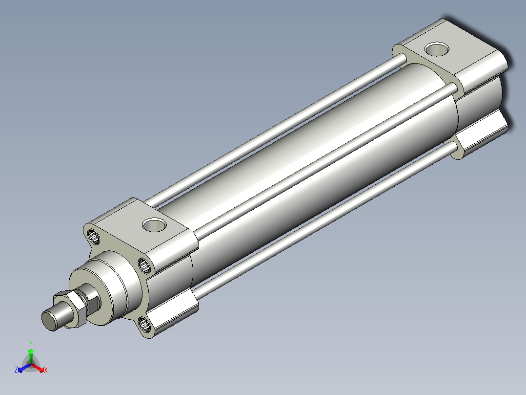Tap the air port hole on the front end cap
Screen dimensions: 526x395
[154, 225]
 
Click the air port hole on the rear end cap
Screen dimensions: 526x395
[437, 49]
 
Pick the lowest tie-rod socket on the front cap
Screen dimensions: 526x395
[145, 325]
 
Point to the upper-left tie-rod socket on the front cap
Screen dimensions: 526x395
[94, 236]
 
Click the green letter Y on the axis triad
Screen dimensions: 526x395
[31, 344]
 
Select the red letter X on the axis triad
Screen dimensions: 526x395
[46, 370]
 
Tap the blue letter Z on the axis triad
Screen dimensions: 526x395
[16, 370]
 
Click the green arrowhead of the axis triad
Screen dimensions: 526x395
[31, 351]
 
